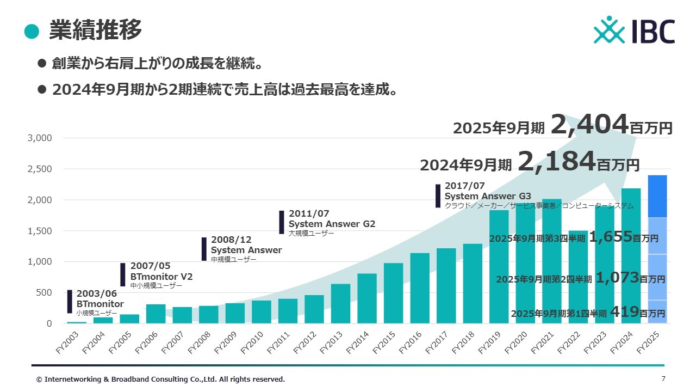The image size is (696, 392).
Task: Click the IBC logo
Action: (634, 30)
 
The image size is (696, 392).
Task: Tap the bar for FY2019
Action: (499, 267)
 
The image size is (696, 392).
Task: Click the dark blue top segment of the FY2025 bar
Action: (657, 196)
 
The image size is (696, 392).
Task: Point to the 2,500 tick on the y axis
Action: (40, 169)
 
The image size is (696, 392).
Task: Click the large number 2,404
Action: (590, 125)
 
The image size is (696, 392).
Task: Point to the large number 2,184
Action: (556, 161)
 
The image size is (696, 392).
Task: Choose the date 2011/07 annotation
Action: (309, 213)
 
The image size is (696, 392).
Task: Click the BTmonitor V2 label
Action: (161, 277)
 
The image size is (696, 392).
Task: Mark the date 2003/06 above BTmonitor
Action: (96, 294)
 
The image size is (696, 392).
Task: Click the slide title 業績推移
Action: (95, 30)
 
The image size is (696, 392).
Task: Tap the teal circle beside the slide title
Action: (32, 31)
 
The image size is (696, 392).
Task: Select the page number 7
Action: (663, 379)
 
